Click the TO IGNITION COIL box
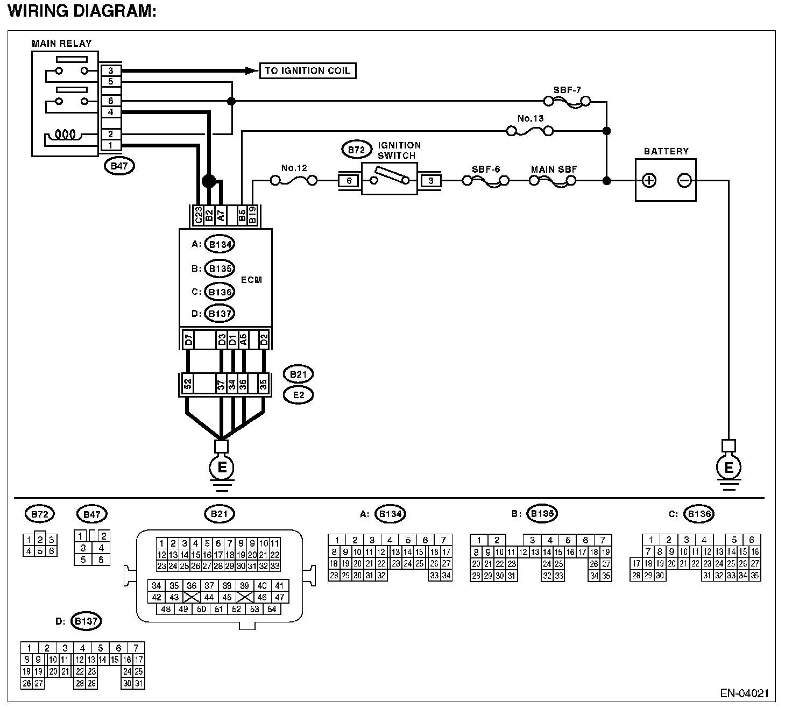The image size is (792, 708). [308, 70]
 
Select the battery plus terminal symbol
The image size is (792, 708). [649, 180]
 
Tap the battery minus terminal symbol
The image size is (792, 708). [684, 180]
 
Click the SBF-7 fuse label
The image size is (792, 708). [567, 90]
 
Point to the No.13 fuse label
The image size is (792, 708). [531, 118]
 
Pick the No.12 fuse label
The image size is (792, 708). [294, 168]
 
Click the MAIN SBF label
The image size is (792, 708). [554, 169]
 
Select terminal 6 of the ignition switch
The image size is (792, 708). [349, 181]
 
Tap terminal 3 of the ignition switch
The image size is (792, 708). [430, 181]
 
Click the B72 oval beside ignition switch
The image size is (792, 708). [356, 150]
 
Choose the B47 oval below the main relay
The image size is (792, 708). [119, 166]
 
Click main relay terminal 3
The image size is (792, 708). [111, 70]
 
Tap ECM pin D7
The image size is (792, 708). [188, 339]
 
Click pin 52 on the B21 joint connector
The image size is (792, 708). [188, 384]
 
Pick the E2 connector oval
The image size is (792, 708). [299, 395]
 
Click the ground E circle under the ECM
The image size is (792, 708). [221, 467]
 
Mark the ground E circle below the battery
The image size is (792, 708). [729, 467]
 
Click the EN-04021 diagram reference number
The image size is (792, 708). [745, 693]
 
